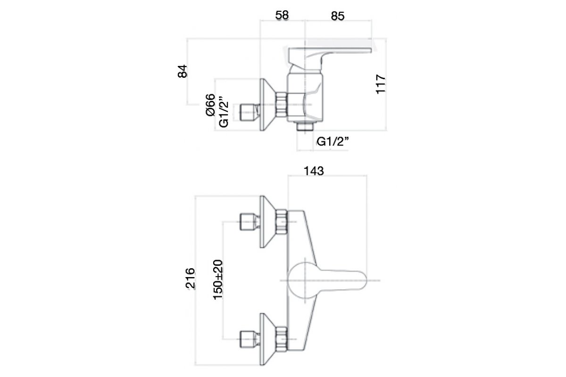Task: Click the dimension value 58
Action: [282, 16]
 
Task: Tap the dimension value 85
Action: [338, 16]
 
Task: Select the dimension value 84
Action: [183, 71]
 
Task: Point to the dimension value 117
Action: [381, 84]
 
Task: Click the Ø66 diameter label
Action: [210, 105]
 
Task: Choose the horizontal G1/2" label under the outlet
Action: [333, 142]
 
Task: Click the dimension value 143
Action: [314, 171]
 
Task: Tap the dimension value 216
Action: [191, 278]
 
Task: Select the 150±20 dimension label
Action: [218, 280]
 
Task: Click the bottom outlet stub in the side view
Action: [305, 126]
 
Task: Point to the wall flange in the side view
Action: [268, 105]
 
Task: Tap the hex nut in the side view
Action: [282, 105]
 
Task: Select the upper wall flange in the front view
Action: [268, 221]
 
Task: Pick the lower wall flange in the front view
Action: [268, 339]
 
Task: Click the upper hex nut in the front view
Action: [282, 221]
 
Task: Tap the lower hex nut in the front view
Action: [282, 339]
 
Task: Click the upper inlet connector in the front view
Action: [250, 221]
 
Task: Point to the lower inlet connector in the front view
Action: [250, 339]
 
